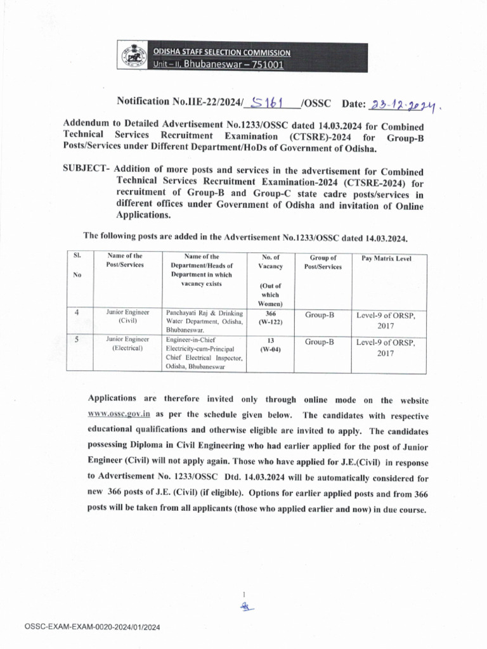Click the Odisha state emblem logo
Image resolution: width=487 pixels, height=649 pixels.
tap(133, 56)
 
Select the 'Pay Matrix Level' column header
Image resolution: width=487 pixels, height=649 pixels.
tap(386, 259)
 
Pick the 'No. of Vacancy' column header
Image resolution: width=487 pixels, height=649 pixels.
tap(270, 262)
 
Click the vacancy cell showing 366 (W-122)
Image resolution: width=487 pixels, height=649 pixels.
tap(270, 318)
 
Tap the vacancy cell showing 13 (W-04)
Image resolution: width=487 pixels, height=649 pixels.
tap(270, 345)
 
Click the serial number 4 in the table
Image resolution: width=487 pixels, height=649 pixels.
tap(77, 312)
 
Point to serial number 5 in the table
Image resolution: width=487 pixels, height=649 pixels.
tap(77, 340)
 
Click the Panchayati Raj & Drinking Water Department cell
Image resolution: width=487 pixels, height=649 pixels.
tap(204, 321)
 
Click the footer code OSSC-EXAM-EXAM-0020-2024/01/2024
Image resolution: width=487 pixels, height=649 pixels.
tap(93, 627)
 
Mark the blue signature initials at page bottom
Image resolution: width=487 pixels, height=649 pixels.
tap(245, 607)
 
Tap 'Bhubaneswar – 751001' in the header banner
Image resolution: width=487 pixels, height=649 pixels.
tap(233, 64)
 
